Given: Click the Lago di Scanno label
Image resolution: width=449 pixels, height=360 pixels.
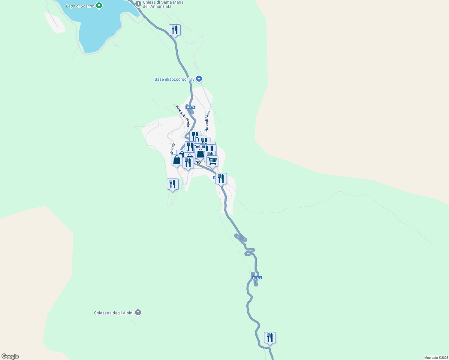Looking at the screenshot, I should coord(80,6).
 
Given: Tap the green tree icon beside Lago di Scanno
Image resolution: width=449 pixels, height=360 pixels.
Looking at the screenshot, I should coord(99,5).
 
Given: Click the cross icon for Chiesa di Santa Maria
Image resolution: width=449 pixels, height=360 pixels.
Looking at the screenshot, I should coord(138,4).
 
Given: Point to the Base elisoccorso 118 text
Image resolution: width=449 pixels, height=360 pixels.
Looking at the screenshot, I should coord(174,79).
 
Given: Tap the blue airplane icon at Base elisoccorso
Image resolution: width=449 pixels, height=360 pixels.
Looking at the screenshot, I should coord(199,79).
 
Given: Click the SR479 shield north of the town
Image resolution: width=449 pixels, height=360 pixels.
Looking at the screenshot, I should coord(190,107).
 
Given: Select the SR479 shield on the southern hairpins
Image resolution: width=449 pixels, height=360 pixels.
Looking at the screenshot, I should coord(257,278).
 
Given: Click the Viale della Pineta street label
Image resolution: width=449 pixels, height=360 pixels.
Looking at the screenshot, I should coord(183,115).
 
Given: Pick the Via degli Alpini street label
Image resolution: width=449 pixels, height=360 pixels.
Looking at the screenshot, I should coord(207,121).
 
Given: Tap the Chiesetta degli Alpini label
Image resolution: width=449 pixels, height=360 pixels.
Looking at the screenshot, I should coord(113,313).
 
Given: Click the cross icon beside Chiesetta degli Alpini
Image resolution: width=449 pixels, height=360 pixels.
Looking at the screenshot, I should coord(138,313).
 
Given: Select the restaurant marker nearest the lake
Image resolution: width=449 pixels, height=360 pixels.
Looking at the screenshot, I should coord(175,30).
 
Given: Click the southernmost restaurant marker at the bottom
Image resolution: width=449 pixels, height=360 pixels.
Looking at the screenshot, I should coord(270,338).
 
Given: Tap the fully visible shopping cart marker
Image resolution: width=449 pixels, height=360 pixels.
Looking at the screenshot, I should coord(212,161).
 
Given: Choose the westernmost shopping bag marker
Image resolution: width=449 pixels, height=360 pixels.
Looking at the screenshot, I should coord(177,160).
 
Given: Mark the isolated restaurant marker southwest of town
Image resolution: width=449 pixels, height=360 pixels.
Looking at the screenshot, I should coord(173,184).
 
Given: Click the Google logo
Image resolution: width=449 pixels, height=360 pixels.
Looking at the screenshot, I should coord(10,356).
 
